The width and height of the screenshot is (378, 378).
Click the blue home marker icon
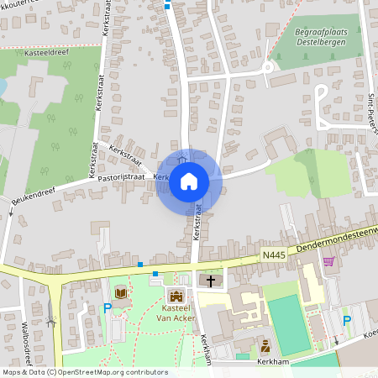pyautogui.click(x=189, y=180)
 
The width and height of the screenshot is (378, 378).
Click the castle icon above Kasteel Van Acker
pyautogui.click(x=176, y=296)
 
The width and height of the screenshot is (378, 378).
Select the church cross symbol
pyautogui.click(x=210, y=281)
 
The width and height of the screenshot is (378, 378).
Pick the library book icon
pyautogui.click(x=122, y=293)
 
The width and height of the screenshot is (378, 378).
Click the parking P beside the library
pyautogui.click(x=107, y=309)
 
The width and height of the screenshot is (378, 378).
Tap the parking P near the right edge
pyautogui.click(x=347, y=320)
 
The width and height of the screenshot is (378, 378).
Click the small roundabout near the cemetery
pyautogui.click(x=268, y=68)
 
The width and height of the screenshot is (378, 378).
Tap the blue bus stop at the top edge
pyautogui.click(x=167, y=6)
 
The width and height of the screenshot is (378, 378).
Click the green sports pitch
pyautogui.click(x=290, y=323)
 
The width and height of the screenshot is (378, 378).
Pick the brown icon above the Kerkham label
pyautogui.click(x=265, y=344)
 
